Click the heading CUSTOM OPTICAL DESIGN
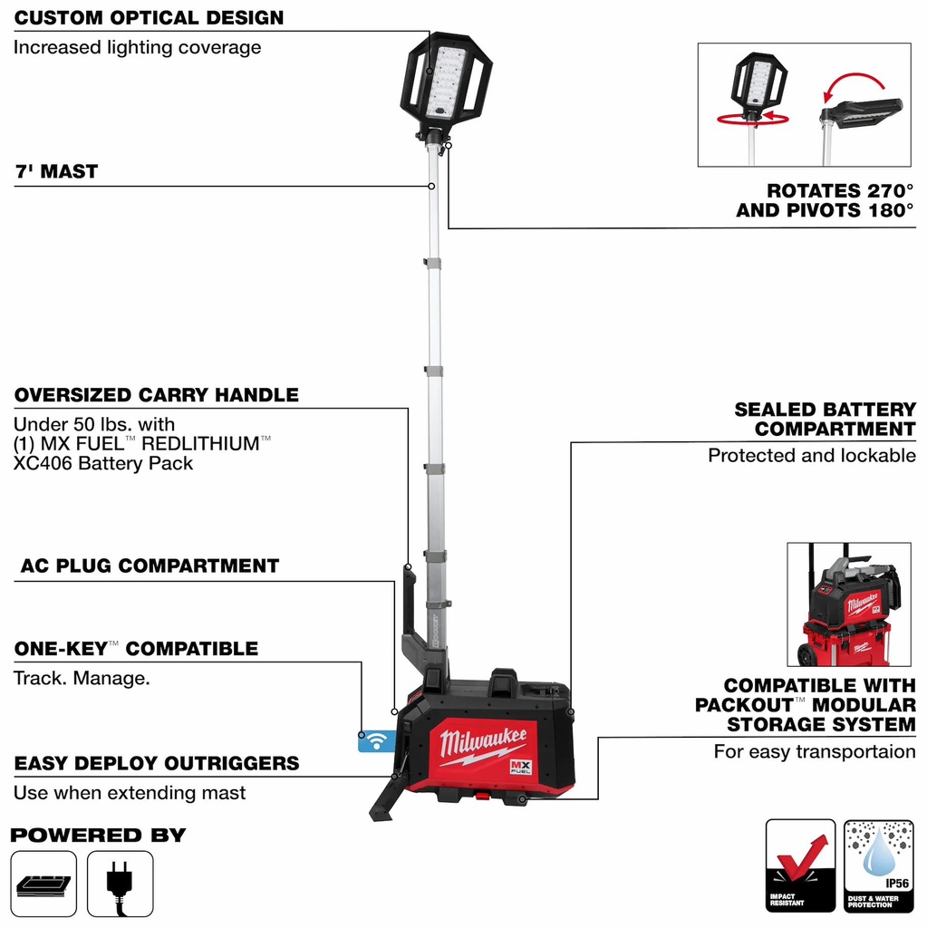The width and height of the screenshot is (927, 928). click(x=149, y=18)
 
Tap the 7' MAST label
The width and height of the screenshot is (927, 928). click(x=56, y=171)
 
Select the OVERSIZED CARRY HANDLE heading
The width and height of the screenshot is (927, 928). click(x=156, y=395)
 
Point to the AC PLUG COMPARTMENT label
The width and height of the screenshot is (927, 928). click(x=150, y=565)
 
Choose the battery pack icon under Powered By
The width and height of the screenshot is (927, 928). click(x=43, y=884)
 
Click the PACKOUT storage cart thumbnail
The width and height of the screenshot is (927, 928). click(x=848, y=604)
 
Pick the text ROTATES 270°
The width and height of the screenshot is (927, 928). click(x=840, y=190)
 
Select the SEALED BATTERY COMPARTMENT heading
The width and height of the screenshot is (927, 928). click(x=825, y=419)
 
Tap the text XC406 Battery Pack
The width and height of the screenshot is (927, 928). click(x=103, y=463)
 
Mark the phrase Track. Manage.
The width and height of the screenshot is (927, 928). click(x=82, y=677)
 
